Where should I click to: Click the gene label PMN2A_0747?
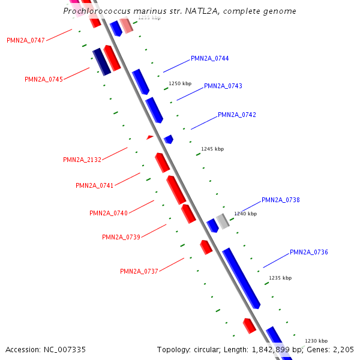pyautogui.click(x=26, y=40)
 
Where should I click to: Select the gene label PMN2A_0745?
pyautogui.click(x=44, y=79)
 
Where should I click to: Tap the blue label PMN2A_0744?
pyautogui.click(x=209, y=58)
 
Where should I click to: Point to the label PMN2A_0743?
pyautogui.click(x=223, y=86)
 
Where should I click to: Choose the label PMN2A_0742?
pyautogui.click(x=237, y=115)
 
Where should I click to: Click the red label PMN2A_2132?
pyautogui.click(x=82, y=160)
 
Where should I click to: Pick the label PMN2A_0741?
pyautogui.click(x=95, y=185)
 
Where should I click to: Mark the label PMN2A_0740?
pyautogui.click(x=109, y=213)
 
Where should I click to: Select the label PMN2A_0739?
pyautogui.click(x=121, y=237)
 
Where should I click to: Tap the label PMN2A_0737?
pyautogui.click(x=139, y=271)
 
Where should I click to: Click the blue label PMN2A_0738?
pyautogui.click(x=281, y=200)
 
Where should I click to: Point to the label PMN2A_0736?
pyautogui.click(x=309, y=252)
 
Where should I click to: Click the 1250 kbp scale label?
pyautogui.click(x=180, y=84)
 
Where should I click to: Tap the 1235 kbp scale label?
pyautogui.click(x=280, y=278)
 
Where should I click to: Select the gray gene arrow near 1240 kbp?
pyautogui.click(x=223, y=221)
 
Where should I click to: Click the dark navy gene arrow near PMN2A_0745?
pyautogui.click(x=101, y=62)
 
